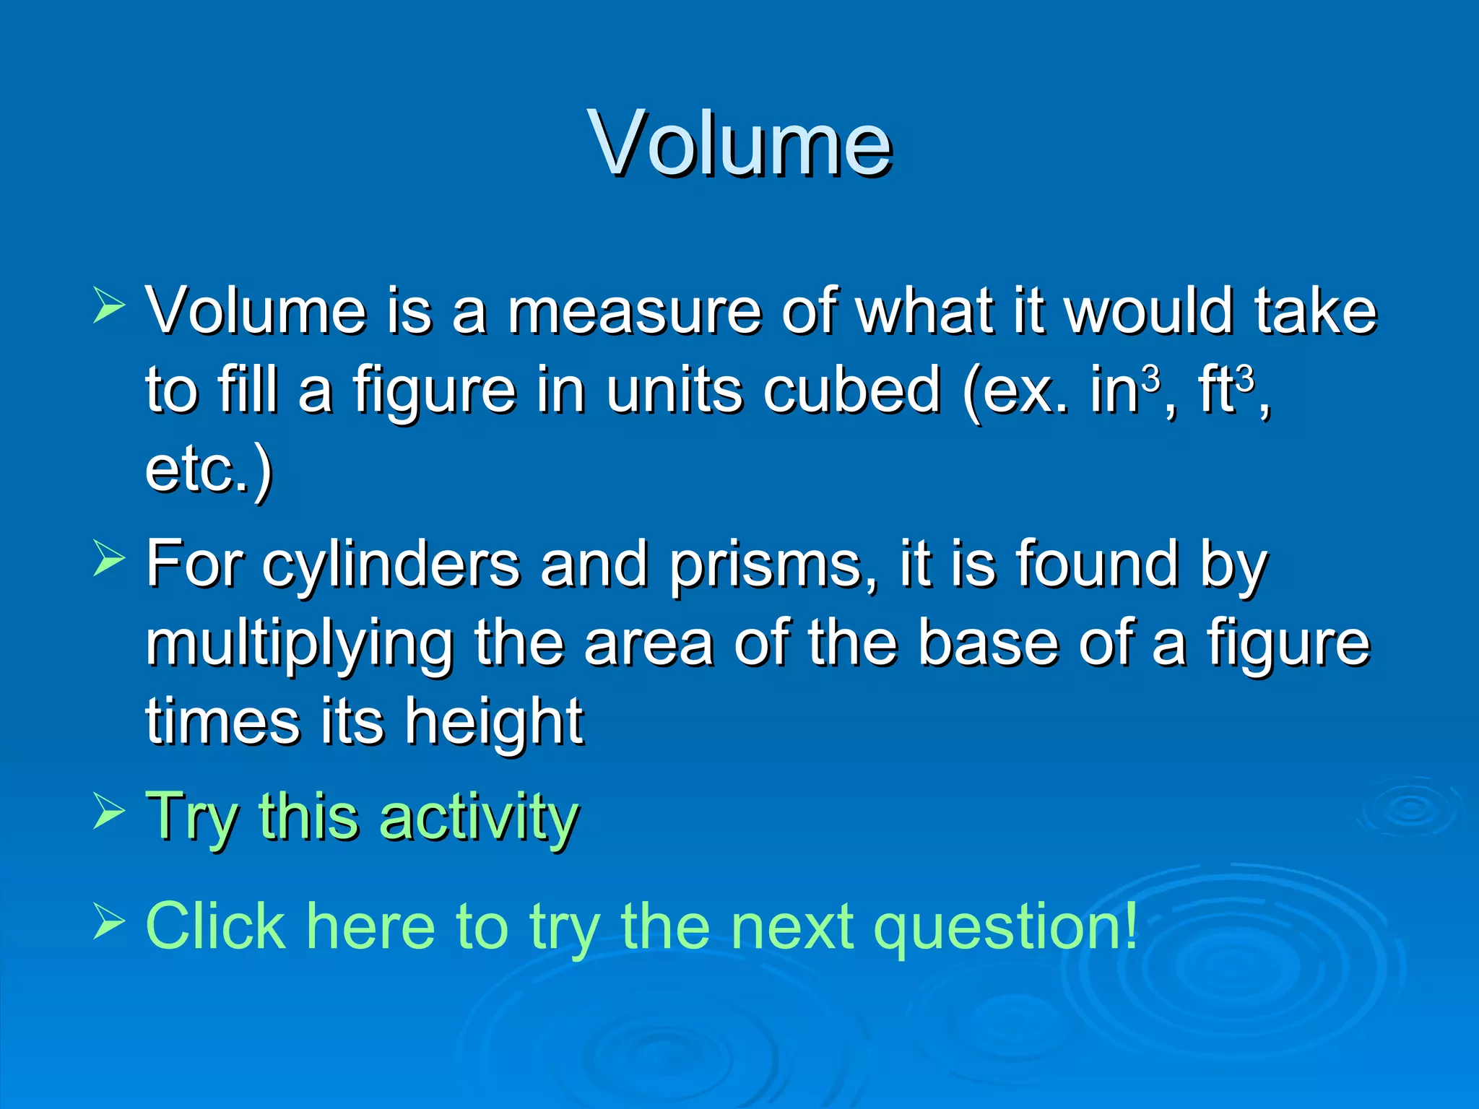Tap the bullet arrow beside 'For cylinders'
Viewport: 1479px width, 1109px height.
tap(109, 560)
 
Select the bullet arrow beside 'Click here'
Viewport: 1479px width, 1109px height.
tap(109, 922)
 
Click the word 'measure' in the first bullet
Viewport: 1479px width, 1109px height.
tap(634, 312)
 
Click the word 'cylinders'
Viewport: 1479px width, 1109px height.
tap(390, 565)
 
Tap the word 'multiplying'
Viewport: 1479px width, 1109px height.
tap(300, 645)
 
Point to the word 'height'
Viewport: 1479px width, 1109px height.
tap(493, 723)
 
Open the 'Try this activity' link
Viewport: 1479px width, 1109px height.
tap(361, 817)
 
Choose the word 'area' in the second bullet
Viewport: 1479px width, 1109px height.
tap(648, 645)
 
